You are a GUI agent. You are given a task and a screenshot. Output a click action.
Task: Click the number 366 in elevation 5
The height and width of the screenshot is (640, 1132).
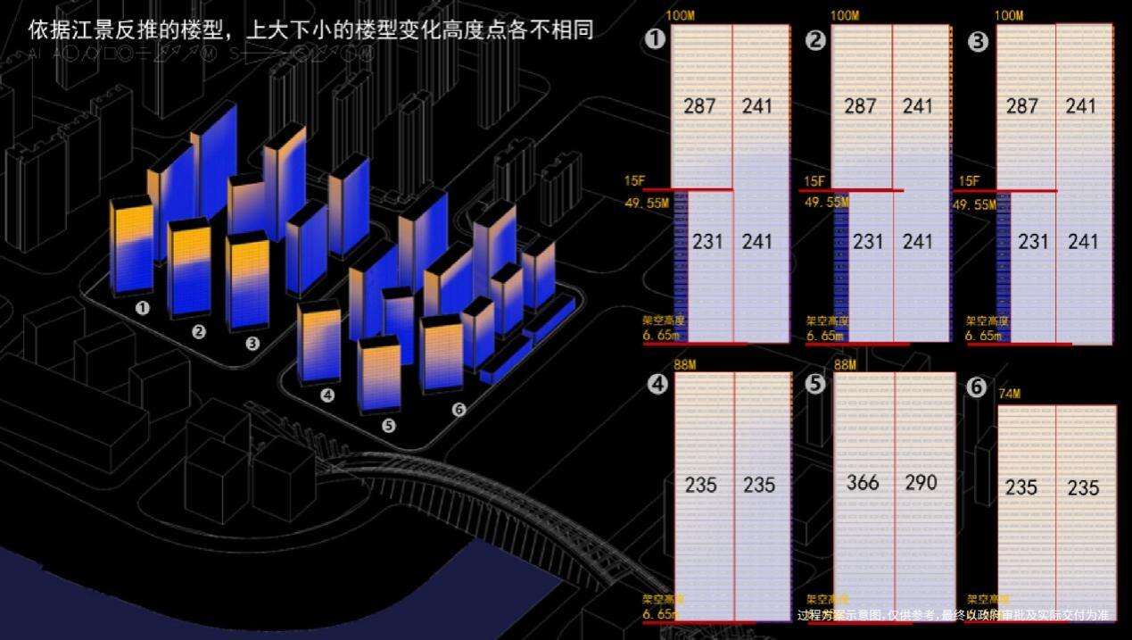863,483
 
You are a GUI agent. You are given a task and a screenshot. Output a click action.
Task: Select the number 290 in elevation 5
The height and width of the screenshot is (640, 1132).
921,483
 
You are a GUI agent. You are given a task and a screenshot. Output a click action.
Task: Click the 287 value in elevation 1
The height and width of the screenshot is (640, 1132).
699,106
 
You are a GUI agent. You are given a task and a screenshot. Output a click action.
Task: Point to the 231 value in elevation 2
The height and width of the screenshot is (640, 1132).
867,241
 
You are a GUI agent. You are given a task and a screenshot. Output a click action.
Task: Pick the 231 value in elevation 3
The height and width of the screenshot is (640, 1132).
1033,241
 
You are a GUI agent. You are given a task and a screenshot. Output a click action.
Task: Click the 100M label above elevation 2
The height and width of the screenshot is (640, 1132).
845,15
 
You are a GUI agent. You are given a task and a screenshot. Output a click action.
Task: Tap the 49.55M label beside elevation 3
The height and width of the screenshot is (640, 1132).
975,204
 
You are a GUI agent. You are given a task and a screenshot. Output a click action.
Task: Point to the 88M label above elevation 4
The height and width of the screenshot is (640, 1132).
685,364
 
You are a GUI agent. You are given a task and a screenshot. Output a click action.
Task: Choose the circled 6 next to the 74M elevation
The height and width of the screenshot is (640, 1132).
977,387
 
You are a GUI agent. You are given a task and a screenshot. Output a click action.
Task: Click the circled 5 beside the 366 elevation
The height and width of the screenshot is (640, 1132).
815,384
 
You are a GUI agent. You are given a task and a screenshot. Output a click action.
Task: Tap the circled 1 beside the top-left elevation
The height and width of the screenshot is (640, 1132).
656,39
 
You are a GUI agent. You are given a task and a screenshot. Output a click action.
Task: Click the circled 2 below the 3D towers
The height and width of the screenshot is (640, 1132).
199,332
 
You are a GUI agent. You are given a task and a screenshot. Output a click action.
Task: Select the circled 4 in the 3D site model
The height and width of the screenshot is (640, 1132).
327,395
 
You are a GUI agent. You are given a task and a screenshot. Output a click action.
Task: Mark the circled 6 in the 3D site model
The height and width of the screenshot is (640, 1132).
459,410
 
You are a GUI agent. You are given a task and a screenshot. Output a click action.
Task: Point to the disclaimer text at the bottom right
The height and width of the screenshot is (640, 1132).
953,615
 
